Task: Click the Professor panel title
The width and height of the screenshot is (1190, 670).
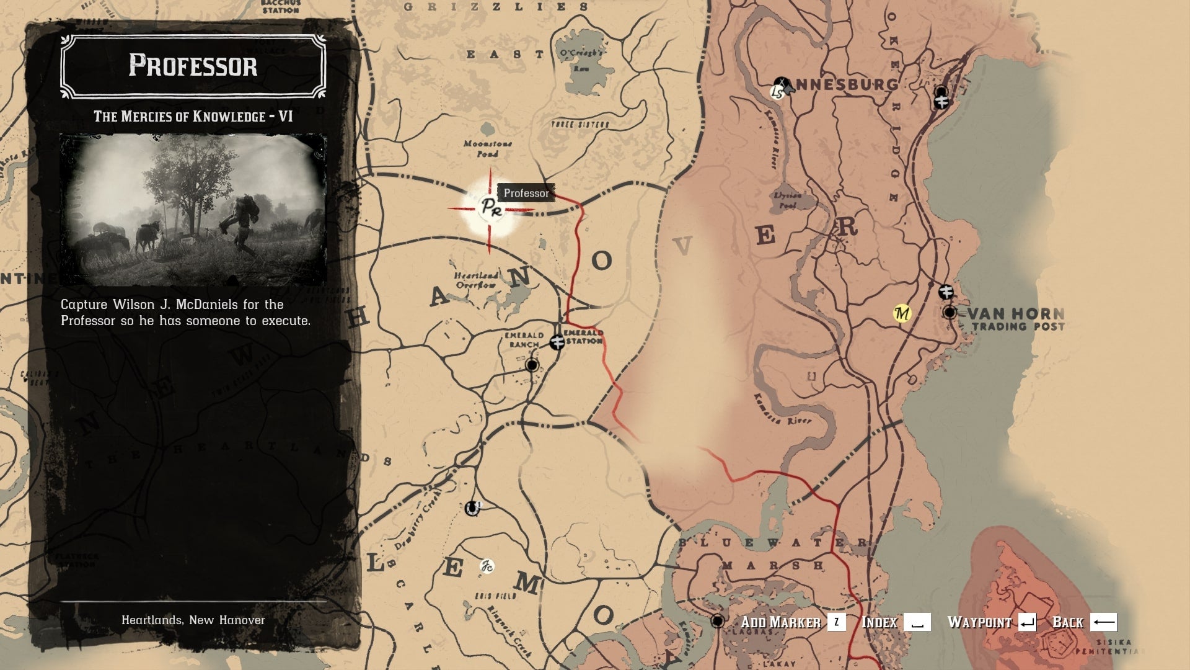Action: point(193,66)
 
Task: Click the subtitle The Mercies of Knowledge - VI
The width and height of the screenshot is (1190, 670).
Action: point(193,117)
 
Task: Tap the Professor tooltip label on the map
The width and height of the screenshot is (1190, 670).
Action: point(526,193)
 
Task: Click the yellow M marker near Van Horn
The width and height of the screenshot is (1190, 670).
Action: point(902,313)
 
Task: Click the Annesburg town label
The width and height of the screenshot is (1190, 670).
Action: point(845,84)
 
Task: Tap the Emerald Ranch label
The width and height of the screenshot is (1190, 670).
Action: point(524,340)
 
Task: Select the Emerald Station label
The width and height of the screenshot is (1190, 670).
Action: point(583,336)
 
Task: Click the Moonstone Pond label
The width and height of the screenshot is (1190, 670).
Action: point(488,148)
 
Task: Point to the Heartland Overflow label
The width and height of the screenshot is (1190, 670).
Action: point(476,280)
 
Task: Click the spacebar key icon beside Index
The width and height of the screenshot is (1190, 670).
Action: point(917,622)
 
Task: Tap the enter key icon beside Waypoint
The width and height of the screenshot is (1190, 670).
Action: point(1027,622)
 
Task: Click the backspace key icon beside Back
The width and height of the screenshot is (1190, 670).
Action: point(1103,622)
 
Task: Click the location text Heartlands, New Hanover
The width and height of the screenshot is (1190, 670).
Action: point(193,620)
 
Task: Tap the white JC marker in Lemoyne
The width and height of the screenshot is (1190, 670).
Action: point(487,566)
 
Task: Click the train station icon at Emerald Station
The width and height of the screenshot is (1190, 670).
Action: point(557,341)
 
